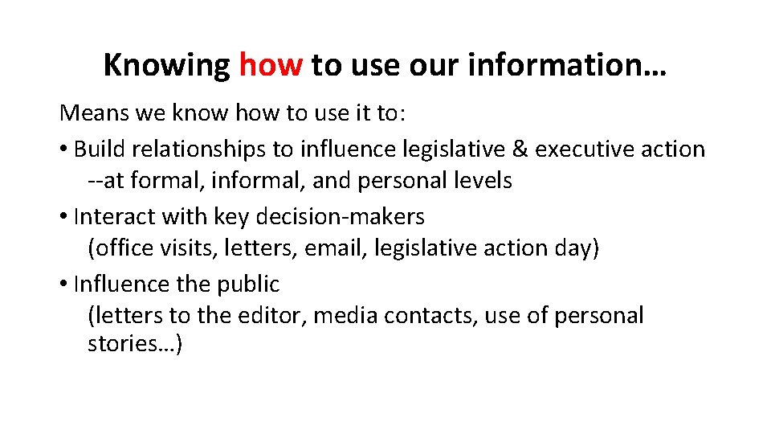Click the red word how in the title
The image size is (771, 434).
point(271,65)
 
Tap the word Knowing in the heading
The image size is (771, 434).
point(166,65)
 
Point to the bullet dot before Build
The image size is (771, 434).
point(63,149)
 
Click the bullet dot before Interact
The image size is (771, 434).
point(63,217)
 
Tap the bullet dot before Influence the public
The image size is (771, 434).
point(63,285)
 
